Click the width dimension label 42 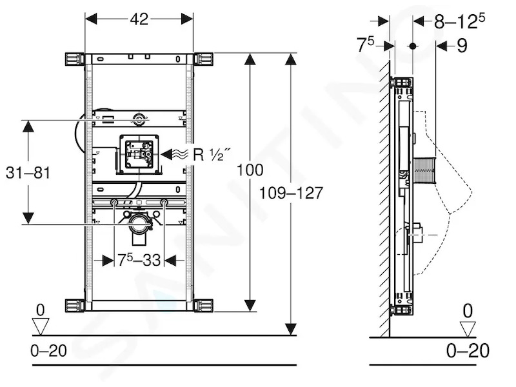tap(139, 19)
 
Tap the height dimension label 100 tap(250, 170)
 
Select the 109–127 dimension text tap(292, 193)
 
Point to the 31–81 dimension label tap(28, 173)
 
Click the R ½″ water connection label tap(212, 154)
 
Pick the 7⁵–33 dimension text tap(139, 261)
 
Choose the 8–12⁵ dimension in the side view tap(459, 21)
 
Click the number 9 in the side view tap(462, 46)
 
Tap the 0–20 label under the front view tap(49, 351)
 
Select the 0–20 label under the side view tap(468, 351)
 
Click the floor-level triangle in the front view tap(41, 326)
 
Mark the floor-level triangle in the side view tap(468, 329)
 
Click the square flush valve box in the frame tap(139, 154)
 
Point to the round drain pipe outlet tap(139, 224)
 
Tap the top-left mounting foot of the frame tap(74, 60)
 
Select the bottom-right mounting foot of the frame tap(204, 305)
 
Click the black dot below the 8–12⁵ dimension tap(413, 46)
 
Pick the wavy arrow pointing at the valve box tap(175, 154)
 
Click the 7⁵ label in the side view tap(366, 45)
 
